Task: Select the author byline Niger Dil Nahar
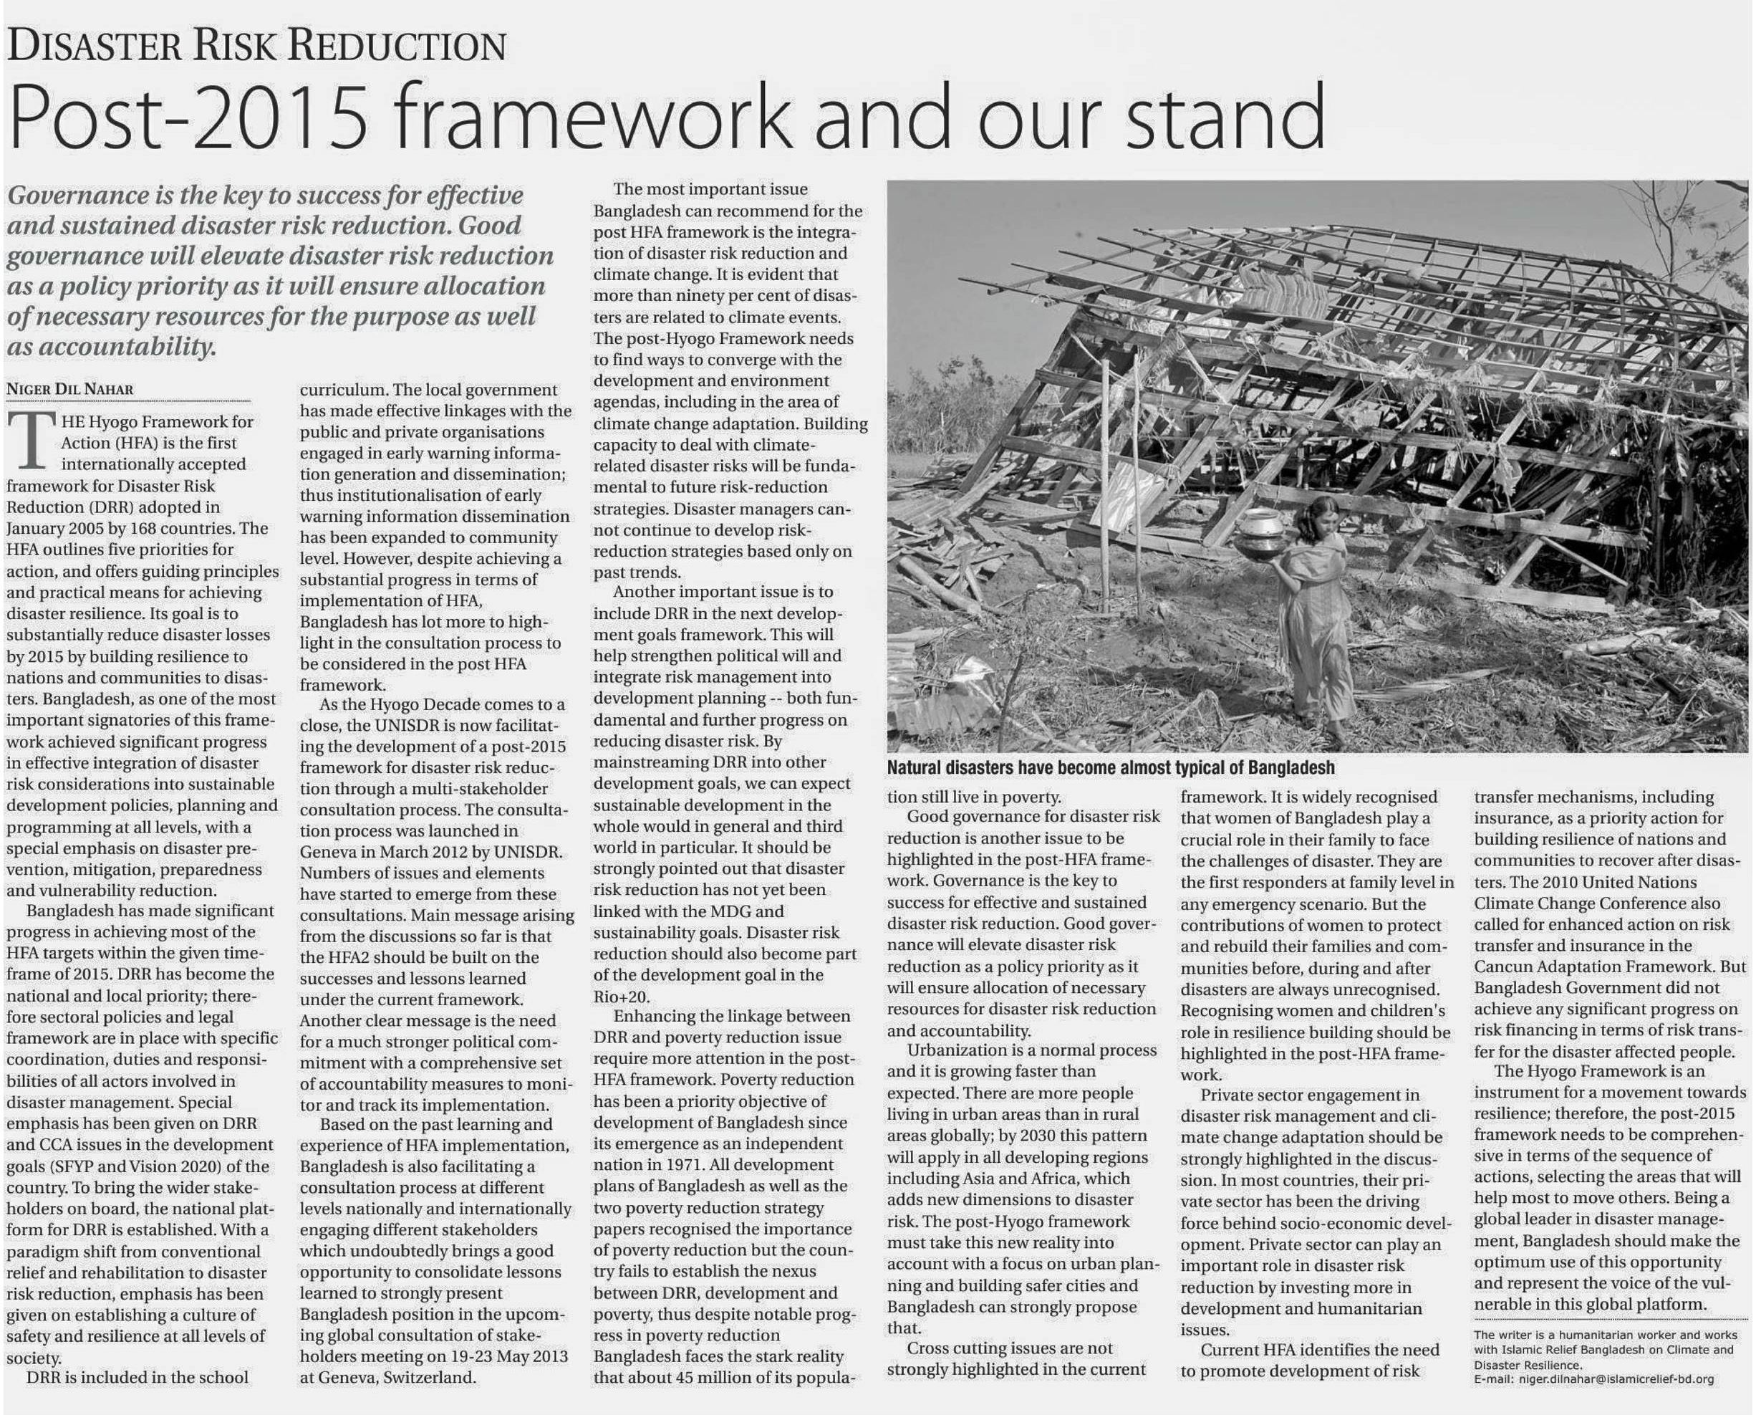click(70, 389)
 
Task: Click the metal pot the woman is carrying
click(1260, 533)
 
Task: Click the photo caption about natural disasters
click(1111, 768)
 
